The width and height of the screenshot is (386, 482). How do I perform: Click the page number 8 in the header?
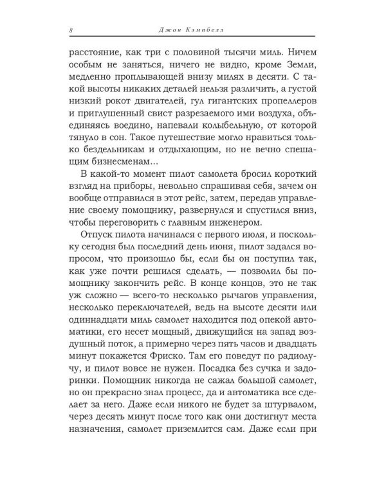click(x=71, y=30)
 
